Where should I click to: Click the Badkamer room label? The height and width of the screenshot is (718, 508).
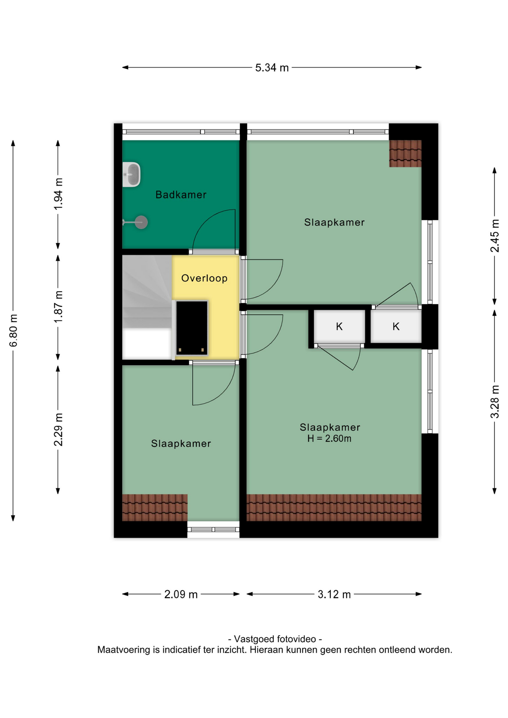[x=181, y=194]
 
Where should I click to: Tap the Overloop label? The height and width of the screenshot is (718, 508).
[x=204, y=278]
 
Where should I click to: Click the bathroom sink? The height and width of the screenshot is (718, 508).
[x=131, y=174]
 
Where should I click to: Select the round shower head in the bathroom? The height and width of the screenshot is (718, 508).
[x=141, y=223]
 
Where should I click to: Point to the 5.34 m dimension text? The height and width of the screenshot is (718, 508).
[x=272, y=68]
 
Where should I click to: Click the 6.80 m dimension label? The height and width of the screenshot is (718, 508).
[x=13, y=331]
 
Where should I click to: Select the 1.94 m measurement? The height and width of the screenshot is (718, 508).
[x=58, y=194]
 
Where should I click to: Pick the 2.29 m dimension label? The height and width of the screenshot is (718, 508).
[x=58, y=430]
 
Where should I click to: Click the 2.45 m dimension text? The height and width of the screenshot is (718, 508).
[x=495, y=236]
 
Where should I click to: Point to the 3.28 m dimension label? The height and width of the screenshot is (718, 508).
[x=495, y=402]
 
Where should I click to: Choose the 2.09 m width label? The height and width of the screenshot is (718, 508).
[x=181, y=594]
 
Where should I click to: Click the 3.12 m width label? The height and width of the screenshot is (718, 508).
[x=334, y=594]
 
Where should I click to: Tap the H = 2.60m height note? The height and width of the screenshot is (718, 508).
[x=329, y=438]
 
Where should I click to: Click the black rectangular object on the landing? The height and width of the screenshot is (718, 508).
[x=192, y=328]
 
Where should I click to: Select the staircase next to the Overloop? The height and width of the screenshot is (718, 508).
[x=147, y=307]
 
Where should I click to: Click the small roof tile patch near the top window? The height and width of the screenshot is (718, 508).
[x=405, y=153]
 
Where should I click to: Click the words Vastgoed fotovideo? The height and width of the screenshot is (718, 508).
[x=275, y=639]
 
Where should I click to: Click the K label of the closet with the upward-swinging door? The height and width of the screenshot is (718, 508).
[x=396, y=326]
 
